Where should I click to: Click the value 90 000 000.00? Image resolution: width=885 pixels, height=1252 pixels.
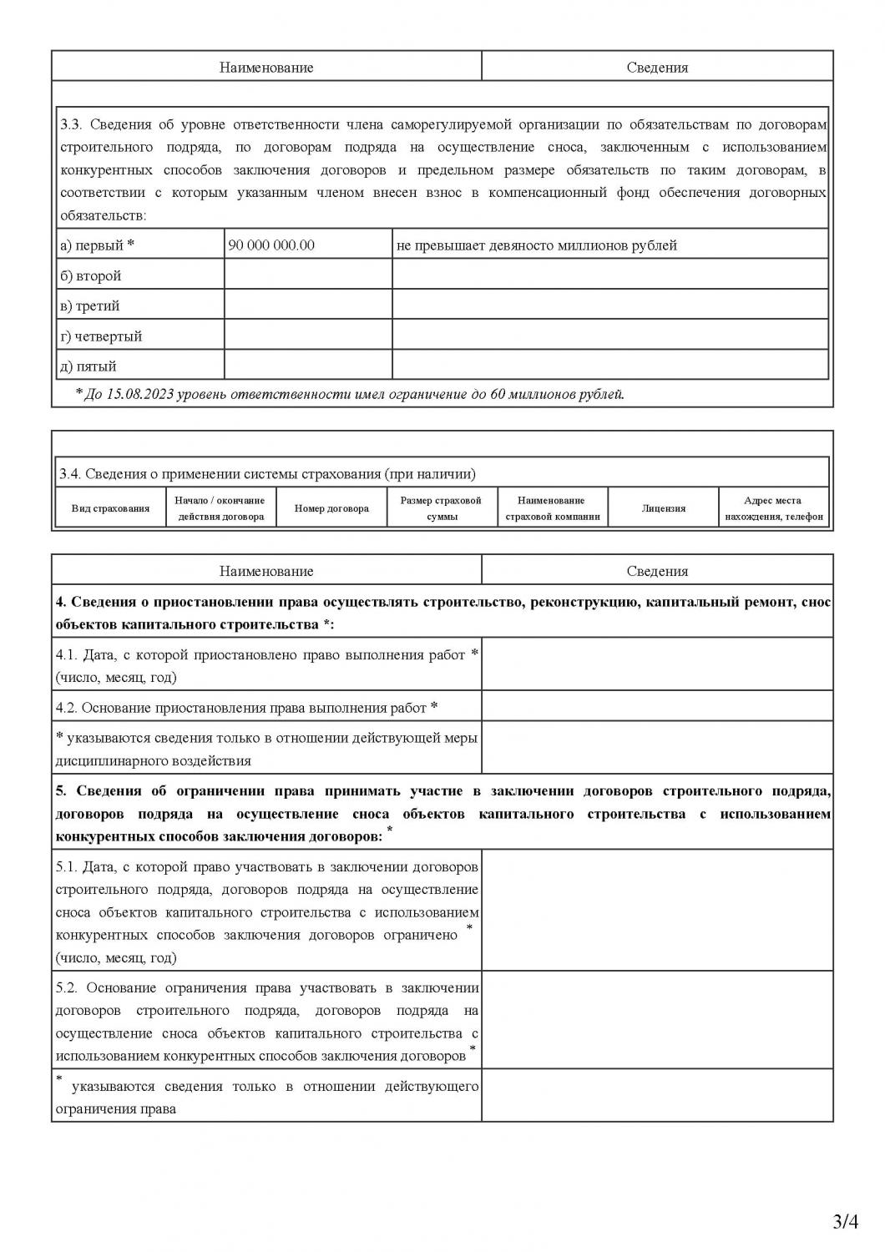pos(271,245)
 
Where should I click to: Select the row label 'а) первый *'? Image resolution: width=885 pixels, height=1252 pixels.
pos(96,245)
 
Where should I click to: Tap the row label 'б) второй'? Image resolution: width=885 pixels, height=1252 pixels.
pos(90,275)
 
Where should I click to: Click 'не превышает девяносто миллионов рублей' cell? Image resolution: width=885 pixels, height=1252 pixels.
pos(536,245)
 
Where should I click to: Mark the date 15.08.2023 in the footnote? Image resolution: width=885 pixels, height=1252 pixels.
pos(139,394)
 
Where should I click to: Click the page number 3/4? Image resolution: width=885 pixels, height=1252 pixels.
pos(846,1222)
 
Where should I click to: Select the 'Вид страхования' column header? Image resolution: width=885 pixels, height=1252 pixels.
pos(110,508)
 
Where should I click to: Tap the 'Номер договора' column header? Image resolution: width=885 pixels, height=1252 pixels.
pos(331,508)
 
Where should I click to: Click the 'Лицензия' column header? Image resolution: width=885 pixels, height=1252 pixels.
pos(664,508)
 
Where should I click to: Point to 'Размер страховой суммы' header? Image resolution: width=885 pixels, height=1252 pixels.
pos(441,508)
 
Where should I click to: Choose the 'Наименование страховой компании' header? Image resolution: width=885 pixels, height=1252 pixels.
pos(552,508)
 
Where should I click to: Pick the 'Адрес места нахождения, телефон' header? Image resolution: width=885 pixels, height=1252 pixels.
pos(773,508)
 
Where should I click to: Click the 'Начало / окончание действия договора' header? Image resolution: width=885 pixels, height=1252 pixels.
pos(220,508)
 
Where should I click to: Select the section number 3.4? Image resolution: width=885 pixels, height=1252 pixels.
pos(69,474)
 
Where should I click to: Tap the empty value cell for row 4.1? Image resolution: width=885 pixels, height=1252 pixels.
pos(657,664)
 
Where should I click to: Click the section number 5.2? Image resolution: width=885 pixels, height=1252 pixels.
pos(67,988)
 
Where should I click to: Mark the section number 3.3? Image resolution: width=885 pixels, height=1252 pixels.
pos(71,124)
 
